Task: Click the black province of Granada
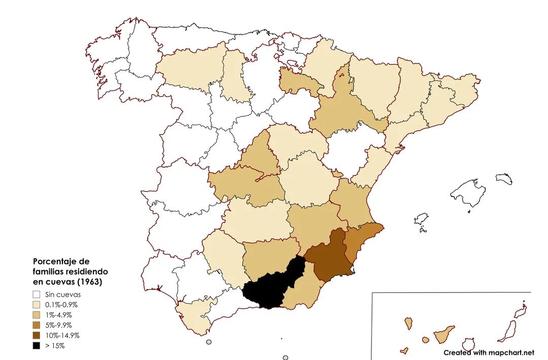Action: click(269, 289)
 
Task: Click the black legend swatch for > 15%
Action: click(36, 346)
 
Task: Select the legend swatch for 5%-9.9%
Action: click(36, 325)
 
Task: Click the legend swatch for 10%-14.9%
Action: click(36, 336)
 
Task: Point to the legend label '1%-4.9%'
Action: click(59, 315)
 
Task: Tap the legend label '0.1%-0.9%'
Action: click(61, 305)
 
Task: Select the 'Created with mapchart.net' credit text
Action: click(489, 352)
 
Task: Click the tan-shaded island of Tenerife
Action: click(444, 335)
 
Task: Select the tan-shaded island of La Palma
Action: click(408, 323)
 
